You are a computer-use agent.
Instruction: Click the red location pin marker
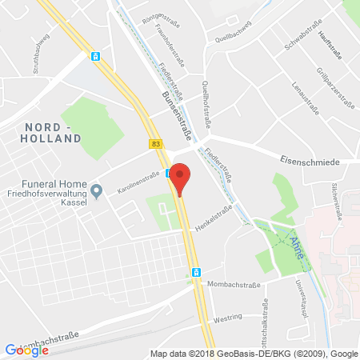point(182,178)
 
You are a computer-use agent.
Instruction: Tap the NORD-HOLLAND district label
point(54,133)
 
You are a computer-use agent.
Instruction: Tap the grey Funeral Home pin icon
point(96,190)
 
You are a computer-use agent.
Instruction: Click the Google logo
point(26,350)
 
